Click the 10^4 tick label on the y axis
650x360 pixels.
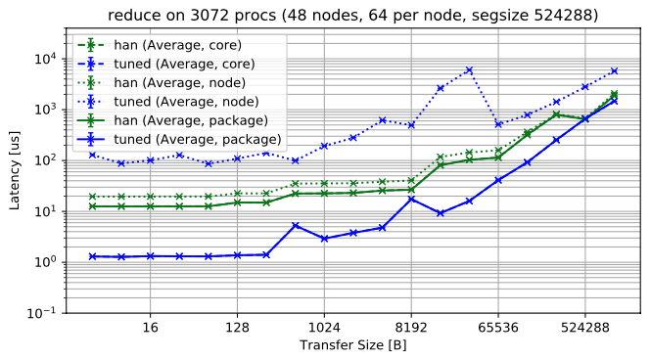coord(44,59)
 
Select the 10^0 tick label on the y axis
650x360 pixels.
coord(44,262)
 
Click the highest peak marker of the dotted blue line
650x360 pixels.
coord(469,69)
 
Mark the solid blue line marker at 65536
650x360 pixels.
coord(498,180)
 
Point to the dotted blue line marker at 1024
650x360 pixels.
coord(324,146)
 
